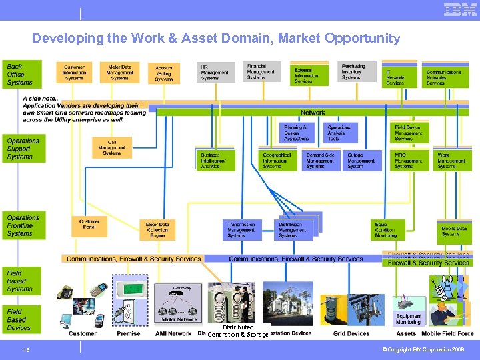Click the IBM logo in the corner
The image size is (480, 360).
460,10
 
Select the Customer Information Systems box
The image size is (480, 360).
74,73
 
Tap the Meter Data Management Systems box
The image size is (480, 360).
120,73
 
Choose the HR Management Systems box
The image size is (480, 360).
215,73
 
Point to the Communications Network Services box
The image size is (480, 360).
445,77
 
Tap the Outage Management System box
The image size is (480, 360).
361,161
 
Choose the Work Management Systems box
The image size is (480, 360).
453,161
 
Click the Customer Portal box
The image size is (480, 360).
89,225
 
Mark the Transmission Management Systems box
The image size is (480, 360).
241,230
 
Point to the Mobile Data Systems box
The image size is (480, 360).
455,231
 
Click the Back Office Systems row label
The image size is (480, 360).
21,74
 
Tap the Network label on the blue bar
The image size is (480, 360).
313,113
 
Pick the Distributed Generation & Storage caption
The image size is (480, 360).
238,331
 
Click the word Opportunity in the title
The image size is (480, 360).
363,39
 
